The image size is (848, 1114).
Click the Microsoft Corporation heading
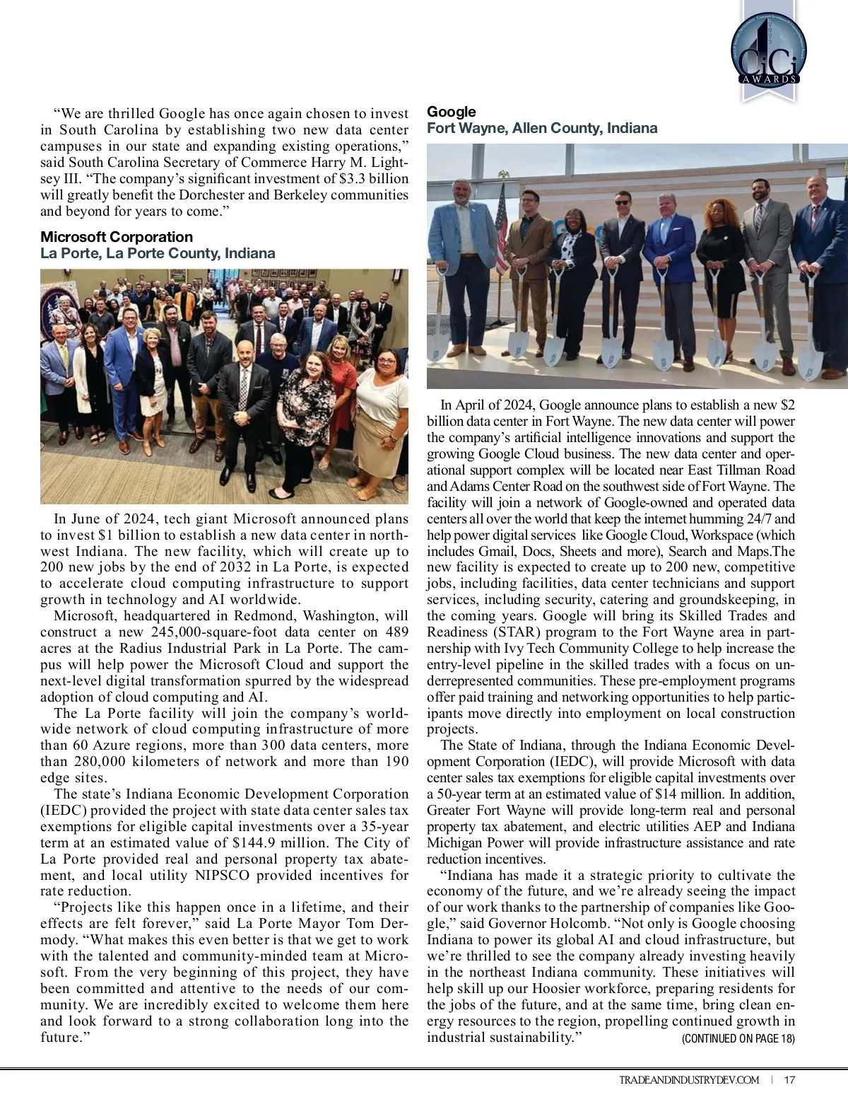pyautogui.click(x=117, y=237)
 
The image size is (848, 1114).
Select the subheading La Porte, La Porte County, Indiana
pyautogui.click(x=158, y=253)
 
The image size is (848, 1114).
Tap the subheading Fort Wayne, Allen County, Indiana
pyautogui.click(x=542, y=128)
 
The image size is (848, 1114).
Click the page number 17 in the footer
pyautogui.click(x=789, y=1080)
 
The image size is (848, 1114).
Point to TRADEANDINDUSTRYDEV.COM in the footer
pyautogui.click(x=689, y=1080)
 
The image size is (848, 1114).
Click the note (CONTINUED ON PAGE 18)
pyautogui.click(x=738, y=1038)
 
